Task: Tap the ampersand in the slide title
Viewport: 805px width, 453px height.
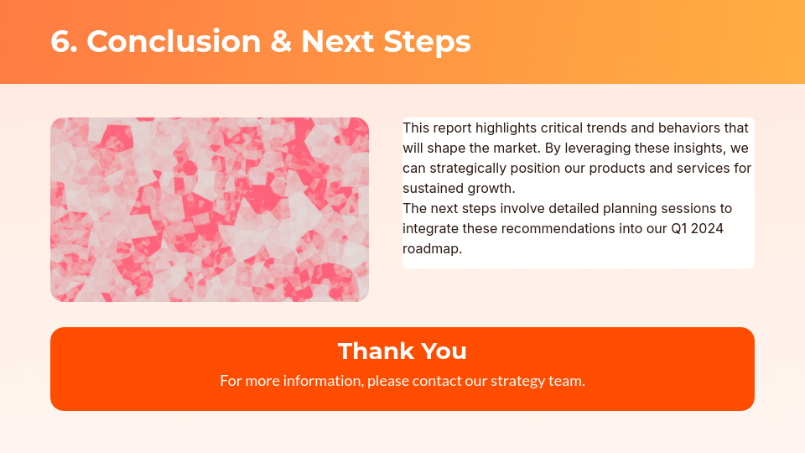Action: (x=281, y=41)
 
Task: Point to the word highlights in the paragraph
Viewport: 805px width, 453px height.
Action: (x=506, y=128)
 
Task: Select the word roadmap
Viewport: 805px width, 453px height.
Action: (x=431, y=249)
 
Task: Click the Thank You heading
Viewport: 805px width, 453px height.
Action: (x=402, y=351)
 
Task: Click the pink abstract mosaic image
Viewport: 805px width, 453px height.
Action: (x=210, y=210)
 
